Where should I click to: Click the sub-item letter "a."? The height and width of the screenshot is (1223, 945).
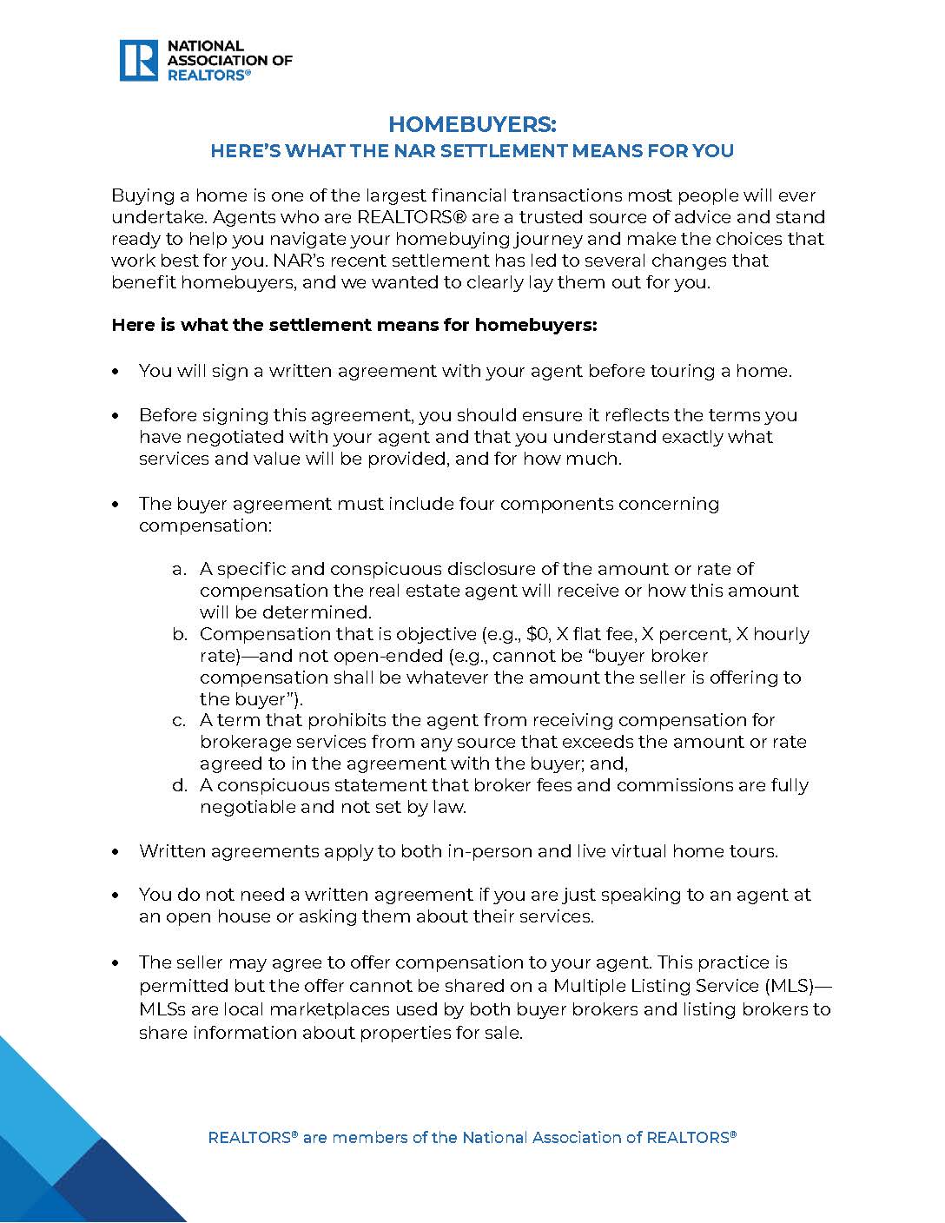click(x=180, y=569)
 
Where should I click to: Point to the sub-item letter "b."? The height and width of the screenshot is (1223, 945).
click(x=180, y=634)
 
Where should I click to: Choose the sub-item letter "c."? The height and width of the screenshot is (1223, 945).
click(x=180, y=720)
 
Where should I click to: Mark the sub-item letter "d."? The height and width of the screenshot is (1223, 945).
click(x=180, y=785)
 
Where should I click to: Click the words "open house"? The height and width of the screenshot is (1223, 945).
click(x=208, y=916)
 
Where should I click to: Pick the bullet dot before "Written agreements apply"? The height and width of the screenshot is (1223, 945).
click(x=116, y=852)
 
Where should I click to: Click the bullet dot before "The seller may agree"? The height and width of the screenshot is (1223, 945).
click(x=116, y=963)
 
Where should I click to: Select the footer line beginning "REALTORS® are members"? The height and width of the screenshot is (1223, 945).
click(x=472, y=1137)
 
